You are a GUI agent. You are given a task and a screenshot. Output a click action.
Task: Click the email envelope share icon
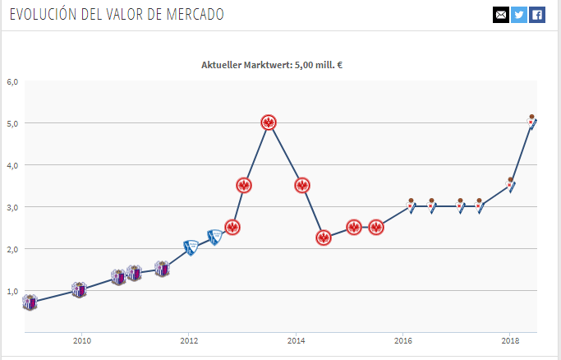click(500, 15)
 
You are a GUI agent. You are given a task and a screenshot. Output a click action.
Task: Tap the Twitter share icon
click(518, 15)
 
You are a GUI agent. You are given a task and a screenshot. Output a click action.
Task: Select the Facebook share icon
click(536, 15)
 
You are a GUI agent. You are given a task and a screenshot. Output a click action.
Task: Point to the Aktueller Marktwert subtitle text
click(272, 64)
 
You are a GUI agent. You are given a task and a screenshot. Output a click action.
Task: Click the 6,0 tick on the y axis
click(12, 81)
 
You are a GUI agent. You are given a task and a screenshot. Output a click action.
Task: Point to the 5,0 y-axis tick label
click(12, 123)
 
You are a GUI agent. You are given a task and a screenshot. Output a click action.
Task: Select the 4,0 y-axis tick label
click(12, 165)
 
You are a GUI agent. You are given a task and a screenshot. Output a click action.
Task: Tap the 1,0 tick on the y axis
click(12, 291)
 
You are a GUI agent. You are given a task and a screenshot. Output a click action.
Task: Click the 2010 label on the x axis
click(80, 339)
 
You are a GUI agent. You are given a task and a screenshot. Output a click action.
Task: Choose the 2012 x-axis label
click(189, 339)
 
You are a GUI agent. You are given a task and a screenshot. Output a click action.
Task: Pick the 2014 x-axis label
click(296, 339)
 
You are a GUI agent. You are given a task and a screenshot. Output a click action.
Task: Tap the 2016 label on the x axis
click(403, 339)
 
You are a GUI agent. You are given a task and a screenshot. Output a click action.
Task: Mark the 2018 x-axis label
click(510, 339)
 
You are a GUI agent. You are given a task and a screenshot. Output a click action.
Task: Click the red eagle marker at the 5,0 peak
click(269, 122)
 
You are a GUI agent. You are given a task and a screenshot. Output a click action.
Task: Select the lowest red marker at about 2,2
click(324, 238)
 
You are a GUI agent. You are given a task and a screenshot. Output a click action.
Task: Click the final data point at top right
click(532, 123)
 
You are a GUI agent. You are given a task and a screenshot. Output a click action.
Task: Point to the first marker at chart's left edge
click(30, 302)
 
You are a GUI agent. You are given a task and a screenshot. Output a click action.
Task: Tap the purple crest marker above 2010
click(79, 289)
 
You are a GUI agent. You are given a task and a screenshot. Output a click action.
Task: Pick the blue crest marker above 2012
click(191, 247)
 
